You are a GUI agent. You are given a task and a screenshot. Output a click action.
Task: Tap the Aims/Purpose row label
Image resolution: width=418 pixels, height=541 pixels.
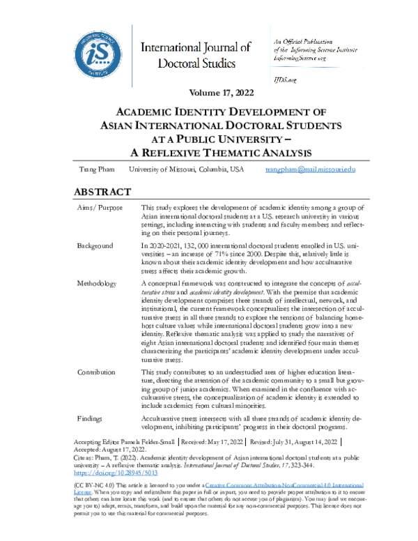point(100,208)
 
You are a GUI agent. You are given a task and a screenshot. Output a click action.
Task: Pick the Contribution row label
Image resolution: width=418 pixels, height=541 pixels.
point(98,372)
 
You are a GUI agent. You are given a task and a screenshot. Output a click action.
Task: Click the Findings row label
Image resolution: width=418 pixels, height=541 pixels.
point(91,416)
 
